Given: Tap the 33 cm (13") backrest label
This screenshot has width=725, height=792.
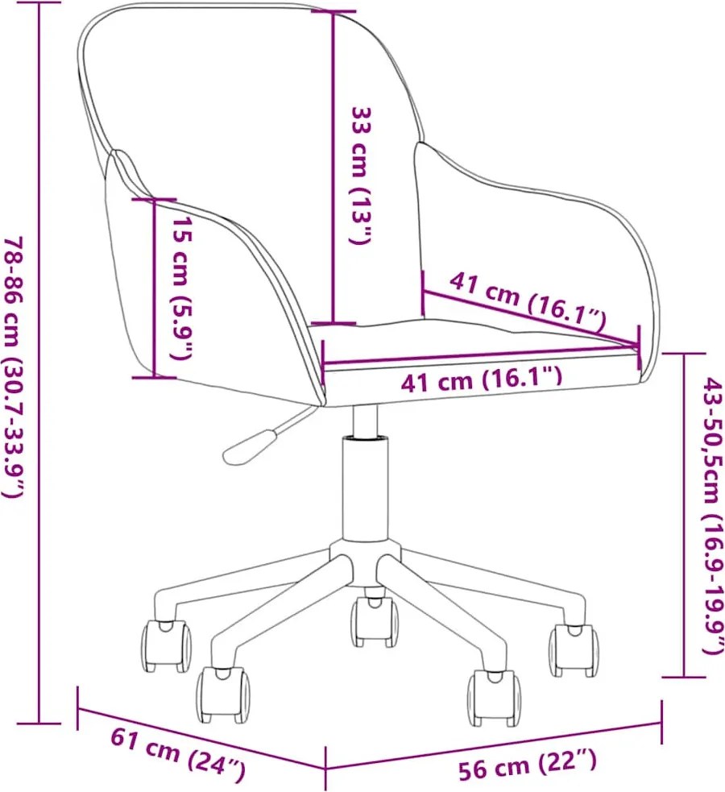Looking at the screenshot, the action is pyautogui.click(x=361, y=175).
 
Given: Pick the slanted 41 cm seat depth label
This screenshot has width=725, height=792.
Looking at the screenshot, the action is pyautogui.click(x=528, y=301).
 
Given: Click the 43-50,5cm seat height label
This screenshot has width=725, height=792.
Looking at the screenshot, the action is pyautogui.click(x=714, y=515).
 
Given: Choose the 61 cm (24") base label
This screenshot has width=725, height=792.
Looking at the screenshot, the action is pyautogui.click(x=178, y=753).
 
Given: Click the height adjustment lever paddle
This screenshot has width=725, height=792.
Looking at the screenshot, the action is pyautogui.click(x=250, y=446).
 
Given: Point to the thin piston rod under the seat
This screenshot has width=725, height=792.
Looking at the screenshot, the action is pyautogui.click(x=365, y=421).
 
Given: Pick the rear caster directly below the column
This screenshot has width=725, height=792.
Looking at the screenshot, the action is pyautogui.click(x=374, y=621).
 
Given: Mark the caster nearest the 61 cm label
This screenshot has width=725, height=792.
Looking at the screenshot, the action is pyautogui.click(x=222, y=694).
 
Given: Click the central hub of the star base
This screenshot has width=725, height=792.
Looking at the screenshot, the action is pyautogui.click(x=365, y=563).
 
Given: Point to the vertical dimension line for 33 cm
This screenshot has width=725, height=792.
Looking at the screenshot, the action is pyautogui.click(x=333, y=168).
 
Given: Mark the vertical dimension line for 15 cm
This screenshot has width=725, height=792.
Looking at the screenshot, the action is pyautogui.click(x=154, y=288).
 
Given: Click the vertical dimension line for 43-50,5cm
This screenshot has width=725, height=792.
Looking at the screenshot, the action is pyautogui.click(x=684, y=515).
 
